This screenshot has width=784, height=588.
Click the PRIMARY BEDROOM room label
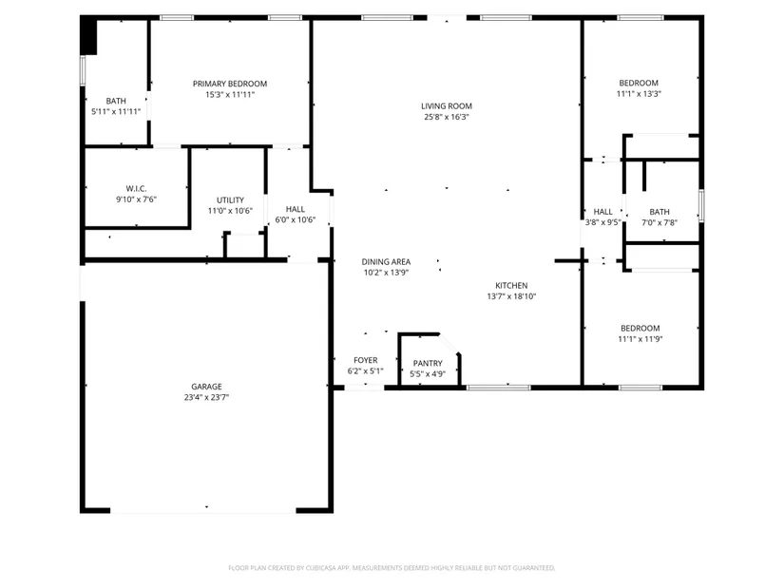[x=230, y=84]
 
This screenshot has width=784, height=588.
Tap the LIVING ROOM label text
[x=447, y=106]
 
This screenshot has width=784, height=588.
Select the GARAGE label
[x=206, y=387]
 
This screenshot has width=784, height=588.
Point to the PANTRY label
[x=428, y=364]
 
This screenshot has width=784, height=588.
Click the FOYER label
[x=366, y=360]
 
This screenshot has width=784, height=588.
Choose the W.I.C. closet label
[x=136, y=188]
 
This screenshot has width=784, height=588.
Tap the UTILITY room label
[x=230, y=200]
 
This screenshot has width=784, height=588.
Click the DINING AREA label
[x=386, y=261]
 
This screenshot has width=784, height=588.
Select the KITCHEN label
[x=511, y=286]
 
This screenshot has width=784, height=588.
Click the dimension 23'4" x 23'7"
[x=206, y=397]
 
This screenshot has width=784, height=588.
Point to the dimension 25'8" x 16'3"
[x=447, y=117]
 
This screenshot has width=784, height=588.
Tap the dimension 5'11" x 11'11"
[x=116, y=111]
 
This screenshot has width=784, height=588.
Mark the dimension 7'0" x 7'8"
[x=660, y=223]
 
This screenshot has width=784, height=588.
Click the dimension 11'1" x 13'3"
[x=639, y=94]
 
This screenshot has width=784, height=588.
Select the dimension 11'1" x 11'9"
[x=641, y=339]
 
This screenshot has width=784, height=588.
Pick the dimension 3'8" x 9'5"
[x=603, y=222]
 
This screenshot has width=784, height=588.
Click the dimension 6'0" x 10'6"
[x=295, y=219]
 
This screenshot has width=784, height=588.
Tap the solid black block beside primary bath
[x=88, y=36]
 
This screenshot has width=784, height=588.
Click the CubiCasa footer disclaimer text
[x=392, y=568]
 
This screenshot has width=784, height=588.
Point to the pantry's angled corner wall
[x=449, y=343]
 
